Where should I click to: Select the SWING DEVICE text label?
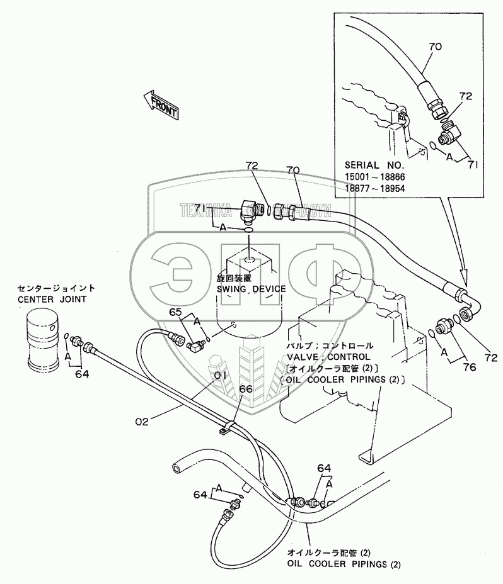pyautogui.click(x=251, y=289)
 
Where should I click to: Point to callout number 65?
pyautogui.click(x=175, y=312)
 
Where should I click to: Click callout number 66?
pyautogui.click(x=246, y=390)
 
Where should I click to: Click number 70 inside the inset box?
pyautogui.click(x=435, y=47)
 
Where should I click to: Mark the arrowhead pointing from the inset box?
pyautogui.click(x=465, y=276)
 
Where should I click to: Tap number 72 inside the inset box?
pyautogui.click(x=466, y=97)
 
